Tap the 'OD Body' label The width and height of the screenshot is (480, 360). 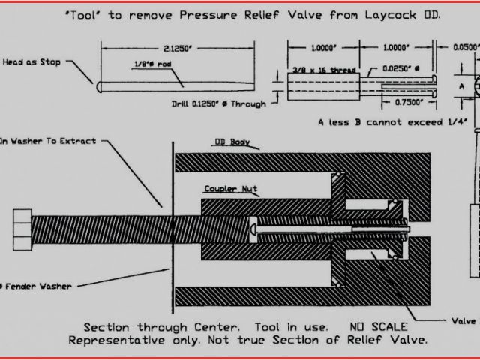pyautogui.click(x=232, y=141)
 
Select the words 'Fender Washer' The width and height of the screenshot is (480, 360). pyautogui.click(x=37, y=286)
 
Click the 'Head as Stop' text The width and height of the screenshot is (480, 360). pyautogui.click(x=32, y=62)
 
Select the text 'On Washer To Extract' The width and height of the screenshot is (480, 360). pyautogui.click(x=48, y=140)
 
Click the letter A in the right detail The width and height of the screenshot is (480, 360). pyautogui.click(x=463, y=86)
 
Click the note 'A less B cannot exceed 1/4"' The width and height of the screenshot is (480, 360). pyautogui.click(x=391, y=121)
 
